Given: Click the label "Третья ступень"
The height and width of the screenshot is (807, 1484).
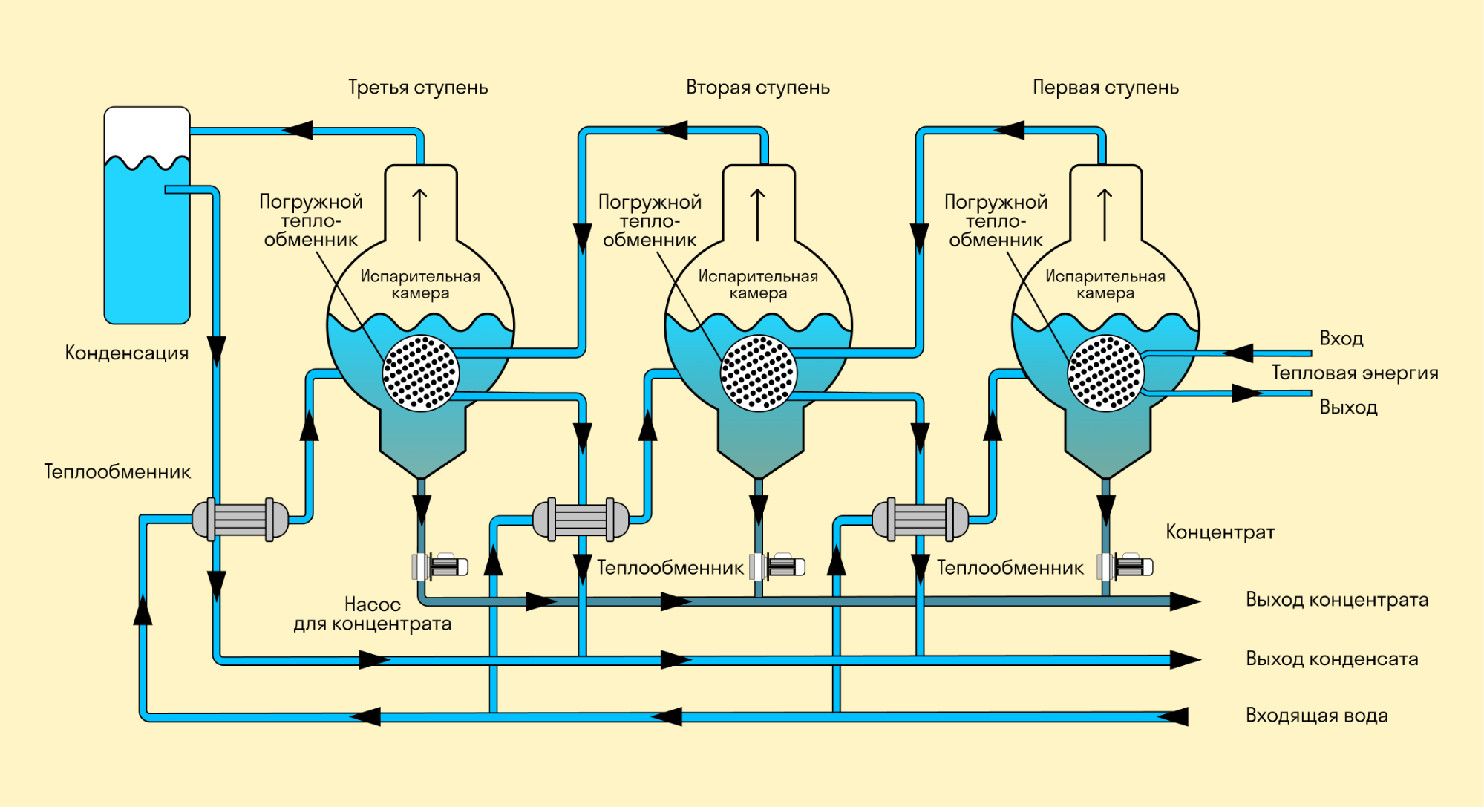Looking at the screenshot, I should pyautogui.click(x=418, y=88).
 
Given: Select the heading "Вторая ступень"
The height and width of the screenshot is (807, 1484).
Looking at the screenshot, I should pyautogui.click(x=757, y=88).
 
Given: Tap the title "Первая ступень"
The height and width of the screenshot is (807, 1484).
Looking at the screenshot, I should pyautogui.click(x=1105, y=88).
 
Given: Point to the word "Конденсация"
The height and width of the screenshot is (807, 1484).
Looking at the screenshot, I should pyautogui.click(x=127, y=353).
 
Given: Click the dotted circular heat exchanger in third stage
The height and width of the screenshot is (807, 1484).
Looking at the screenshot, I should pyautogui.click(x=420, y=373).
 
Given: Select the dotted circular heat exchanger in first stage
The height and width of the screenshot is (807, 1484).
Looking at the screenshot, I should pyautogui.click(x=1105, y=373).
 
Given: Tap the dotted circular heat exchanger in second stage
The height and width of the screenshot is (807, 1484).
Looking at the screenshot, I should pyautogui.click(x=758, y=373).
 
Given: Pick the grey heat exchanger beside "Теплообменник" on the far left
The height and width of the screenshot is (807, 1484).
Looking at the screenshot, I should pyautogui.click(x=240, y=519).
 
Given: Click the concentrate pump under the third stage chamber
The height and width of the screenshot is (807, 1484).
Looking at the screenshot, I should pyautogui.click(x=440, y=566).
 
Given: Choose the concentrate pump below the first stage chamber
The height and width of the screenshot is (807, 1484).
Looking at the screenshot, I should pyautogui.click(x=1125, y=566).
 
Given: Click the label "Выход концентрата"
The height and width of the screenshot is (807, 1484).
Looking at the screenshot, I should pyautogui.click(x=1336, y=600).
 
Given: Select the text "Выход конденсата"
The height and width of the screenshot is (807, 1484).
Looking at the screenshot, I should pyautogui.click(x=1332, y=659).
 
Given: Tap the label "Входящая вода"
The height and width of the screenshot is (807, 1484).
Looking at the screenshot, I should pyautogui.click(x=1316, y=716).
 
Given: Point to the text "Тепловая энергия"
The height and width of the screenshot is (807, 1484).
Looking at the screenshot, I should pyautogui.click(x=1355, y=373).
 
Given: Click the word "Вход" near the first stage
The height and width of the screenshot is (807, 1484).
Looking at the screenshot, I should pyautogui.click(x=1341, y=339).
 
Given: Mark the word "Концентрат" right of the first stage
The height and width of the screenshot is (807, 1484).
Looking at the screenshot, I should pyautogui.click(x=1220, y=532).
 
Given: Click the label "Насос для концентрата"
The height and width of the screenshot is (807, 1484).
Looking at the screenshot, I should pyautogui.click(x=372, y=614).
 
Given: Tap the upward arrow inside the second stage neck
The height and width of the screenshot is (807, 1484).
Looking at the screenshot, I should pyautogui.click(x=757, y=215).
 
